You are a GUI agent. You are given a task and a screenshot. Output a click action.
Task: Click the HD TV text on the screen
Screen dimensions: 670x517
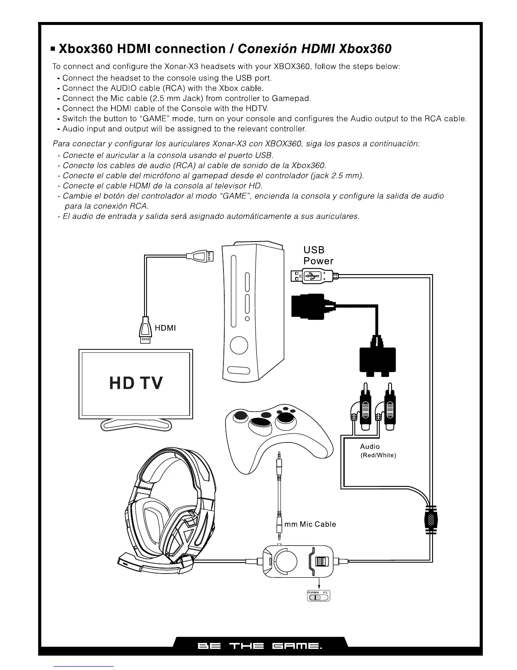coord(136,383)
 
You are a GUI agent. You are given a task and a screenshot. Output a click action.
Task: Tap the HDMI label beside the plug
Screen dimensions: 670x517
coord(165,328)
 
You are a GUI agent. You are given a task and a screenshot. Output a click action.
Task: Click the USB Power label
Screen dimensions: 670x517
coord(318,255)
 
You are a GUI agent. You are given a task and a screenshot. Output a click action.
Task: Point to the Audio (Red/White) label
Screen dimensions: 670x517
coord(378,451)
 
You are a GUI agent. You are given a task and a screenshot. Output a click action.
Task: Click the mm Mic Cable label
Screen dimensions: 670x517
coord(310,524)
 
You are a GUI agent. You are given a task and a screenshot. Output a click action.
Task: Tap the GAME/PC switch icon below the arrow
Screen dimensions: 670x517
coord(318,596)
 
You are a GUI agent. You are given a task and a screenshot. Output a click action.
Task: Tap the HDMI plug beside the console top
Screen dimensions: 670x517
coord(201,256)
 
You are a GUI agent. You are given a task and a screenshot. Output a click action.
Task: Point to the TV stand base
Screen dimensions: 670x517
coord(136,424)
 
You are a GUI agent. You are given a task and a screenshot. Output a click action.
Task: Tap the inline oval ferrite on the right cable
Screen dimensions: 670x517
coord(430,520)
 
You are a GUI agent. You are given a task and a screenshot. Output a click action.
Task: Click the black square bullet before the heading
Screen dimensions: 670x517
coord(53,49)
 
